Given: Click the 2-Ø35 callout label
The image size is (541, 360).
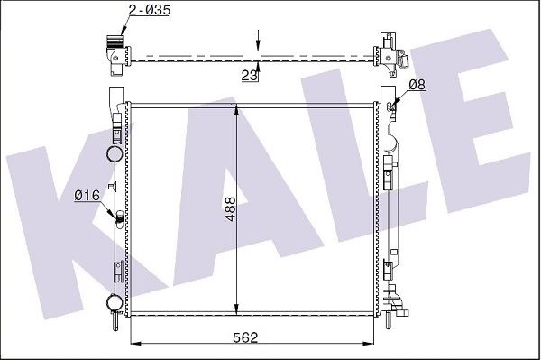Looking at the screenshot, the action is coord(150,10).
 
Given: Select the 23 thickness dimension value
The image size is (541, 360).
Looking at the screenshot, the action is coord(250,75).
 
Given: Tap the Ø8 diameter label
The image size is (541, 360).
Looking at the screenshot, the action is coord(417,84).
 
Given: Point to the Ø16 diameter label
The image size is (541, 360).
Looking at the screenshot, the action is coord(87,196).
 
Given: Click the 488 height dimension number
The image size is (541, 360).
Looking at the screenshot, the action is coord(230,208).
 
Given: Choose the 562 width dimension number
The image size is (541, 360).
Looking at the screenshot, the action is coord(245,337).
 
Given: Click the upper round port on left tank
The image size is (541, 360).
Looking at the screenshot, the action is coord(115,153).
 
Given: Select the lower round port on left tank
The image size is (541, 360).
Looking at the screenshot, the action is coord(115,302).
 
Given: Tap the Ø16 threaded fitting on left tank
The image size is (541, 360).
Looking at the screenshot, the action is coord(120,218).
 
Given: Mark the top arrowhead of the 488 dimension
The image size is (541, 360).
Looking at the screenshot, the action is coord(236,109).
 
